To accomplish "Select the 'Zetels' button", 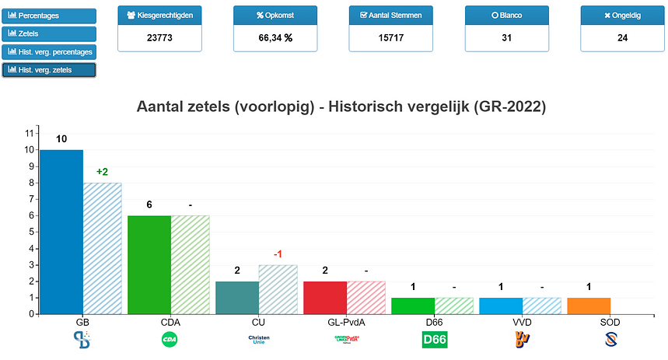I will tap(50, 34).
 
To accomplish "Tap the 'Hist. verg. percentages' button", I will tap(50, 52).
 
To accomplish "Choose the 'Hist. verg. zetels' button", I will tap(50, 70).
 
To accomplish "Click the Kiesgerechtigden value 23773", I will tap(159, 37).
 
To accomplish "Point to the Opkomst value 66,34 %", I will tap(275, 37).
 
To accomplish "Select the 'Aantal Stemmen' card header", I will tap(391, 16).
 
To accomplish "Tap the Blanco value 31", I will tap(506, 37).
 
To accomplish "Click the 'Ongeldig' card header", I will tap(622, 16).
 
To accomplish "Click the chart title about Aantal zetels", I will tap(341, 107).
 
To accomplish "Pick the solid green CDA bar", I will tap(149, 264).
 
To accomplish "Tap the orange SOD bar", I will tap(589, 306).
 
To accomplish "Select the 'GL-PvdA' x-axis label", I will tap(325, 321).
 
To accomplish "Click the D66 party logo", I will tap(435, 340).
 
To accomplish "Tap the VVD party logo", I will tap(523, 340).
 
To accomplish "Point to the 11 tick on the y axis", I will tap(30, 133).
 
